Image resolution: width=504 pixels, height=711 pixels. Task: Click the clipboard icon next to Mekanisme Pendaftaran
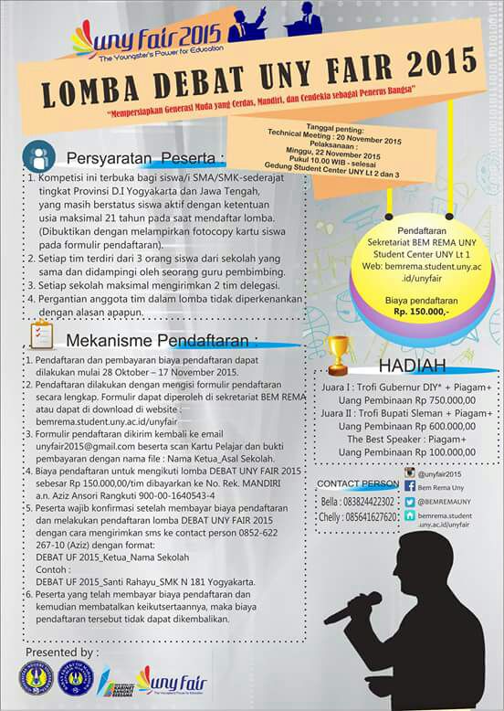41,336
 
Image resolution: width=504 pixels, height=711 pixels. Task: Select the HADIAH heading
412,366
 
